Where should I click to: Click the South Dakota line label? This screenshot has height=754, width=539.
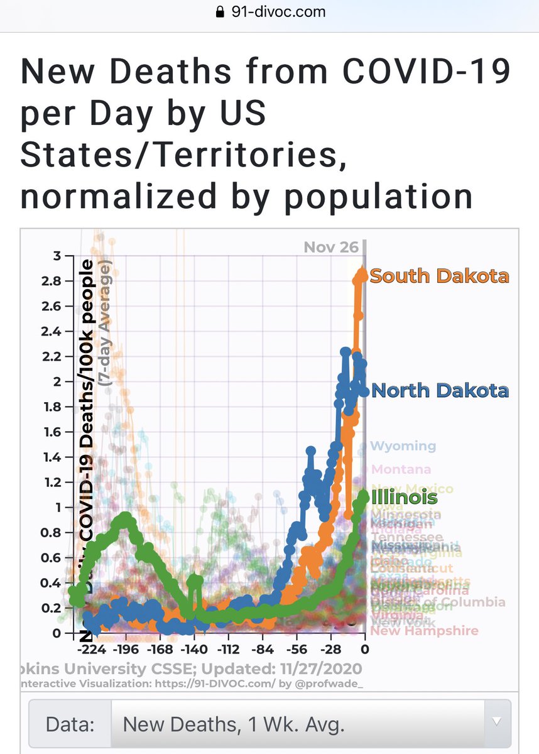click(x=439, y=276)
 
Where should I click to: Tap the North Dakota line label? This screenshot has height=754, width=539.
click(x=440, y=390)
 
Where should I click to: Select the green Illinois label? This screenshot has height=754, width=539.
click(x=404, y=498)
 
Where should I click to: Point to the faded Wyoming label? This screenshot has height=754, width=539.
click(x=403, y=446)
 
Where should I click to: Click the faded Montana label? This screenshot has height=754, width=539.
click(x=401, y=469)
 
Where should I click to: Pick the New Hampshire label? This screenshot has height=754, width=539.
click(x=424, y=630)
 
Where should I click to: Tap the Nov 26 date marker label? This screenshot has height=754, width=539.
click(x=331, y=247)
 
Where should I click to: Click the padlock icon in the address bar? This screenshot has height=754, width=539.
click(x=220, y=11)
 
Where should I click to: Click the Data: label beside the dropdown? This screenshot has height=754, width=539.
click(x=70, y=724)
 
